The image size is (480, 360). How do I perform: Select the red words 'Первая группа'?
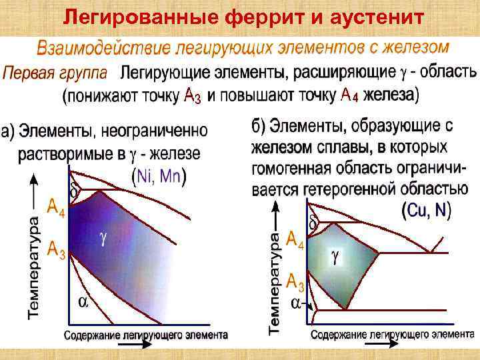[59, 73]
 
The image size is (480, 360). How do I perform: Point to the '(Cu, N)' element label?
[427, 211]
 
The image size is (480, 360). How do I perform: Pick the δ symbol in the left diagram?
[74, 190]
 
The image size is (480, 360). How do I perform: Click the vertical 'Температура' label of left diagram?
[35, 264]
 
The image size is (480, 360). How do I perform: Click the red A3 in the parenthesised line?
[191, 97]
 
